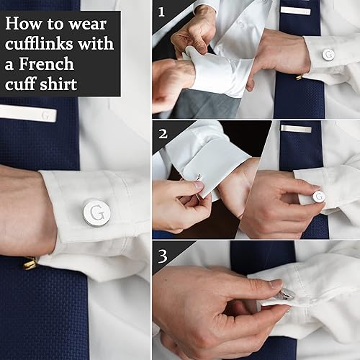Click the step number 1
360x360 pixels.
(161, 12)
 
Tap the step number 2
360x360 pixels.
(162, 133)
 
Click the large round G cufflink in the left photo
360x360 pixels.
(96, 213)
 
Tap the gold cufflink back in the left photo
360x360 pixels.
(30, 264)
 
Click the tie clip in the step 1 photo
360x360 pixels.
(295, 11)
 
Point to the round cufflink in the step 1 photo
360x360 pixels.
(328, 55)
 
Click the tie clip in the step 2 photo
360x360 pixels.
(296, 129)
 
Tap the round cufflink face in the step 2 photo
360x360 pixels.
(318, 196)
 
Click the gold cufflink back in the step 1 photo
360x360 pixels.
(299, 76)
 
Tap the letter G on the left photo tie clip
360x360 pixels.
(45, 114)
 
